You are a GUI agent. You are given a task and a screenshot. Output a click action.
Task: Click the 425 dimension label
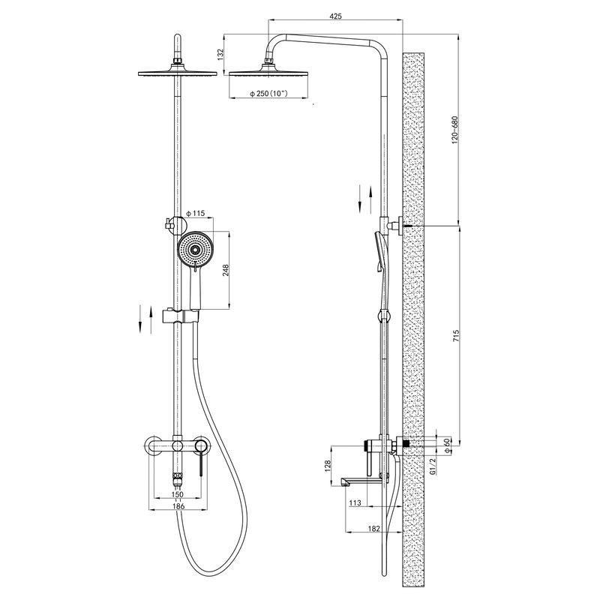(335, 16)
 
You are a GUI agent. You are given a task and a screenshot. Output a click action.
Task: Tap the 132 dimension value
(220, 54)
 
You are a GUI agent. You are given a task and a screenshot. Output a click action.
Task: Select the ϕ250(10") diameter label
(268, 93)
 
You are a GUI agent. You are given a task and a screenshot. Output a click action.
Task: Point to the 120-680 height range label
(454, 130)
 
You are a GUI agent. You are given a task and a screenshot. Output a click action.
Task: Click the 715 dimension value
(456, 335)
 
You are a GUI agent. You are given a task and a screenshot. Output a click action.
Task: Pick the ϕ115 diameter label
(196, 213)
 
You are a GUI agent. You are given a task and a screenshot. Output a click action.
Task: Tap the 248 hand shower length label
(226, 270)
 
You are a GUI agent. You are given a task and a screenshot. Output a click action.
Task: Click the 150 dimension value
(178, 494)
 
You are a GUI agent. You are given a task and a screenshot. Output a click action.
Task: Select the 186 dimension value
(178, 505)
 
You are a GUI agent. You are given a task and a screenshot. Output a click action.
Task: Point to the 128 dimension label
(328, 465)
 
